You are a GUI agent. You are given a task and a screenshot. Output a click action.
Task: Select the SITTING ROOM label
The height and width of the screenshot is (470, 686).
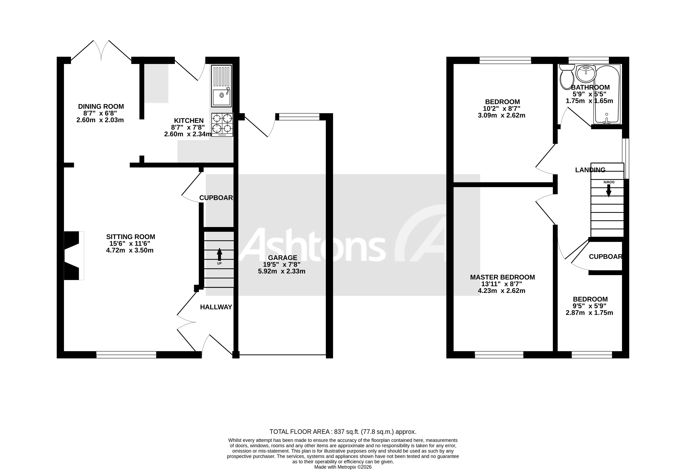tap(130, 237)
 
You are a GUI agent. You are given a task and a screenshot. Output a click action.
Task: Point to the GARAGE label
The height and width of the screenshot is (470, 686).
tap(282, 258)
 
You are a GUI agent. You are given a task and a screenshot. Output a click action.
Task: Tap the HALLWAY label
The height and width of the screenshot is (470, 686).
tap(216, 307)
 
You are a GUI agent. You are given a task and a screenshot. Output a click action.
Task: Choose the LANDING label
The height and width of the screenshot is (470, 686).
tap(590, 170)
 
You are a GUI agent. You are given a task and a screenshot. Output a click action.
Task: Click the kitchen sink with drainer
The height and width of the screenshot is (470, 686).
tap(222, 86)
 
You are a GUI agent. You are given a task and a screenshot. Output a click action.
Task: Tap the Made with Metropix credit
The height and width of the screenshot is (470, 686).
tap(343, 467)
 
